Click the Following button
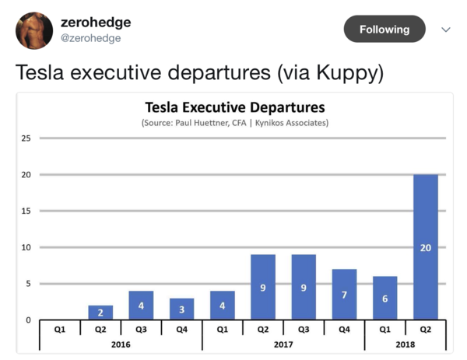(384, 29)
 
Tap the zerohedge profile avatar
(34, 30)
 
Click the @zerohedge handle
(91, 39)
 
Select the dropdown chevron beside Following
(446, 30)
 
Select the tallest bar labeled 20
(425, 247)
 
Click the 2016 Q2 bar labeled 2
(100, 313)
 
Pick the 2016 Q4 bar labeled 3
(181, 309)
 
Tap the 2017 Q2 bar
(262, 287)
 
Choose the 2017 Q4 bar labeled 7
(344, 295)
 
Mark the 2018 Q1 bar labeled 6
(384, 298)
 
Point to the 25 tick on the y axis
(26, 138)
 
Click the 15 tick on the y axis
(26, 211)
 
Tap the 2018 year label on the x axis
(405, 343)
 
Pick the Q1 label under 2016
(60, 328)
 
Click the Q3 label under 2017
(304, 328)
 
